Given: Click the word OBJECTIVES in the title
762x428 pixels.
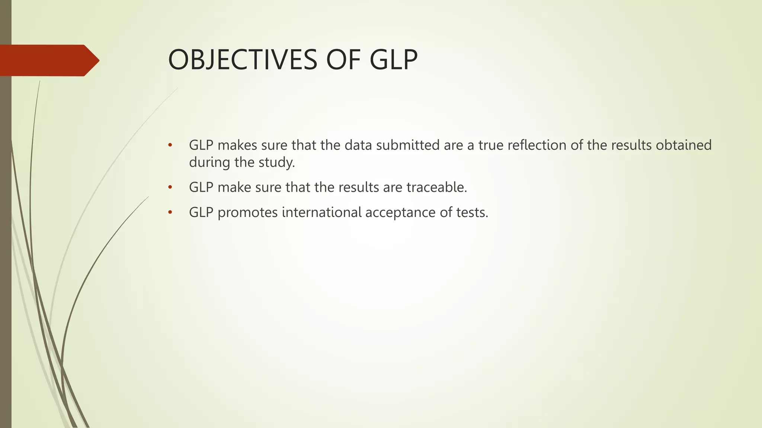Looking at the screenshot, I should [x=243, y=60].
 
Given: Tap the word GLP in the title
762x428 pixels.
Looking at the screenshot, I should [x=394, y=60].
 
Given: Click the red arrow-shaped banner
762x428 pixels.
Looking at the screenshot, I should [x=48, y=60].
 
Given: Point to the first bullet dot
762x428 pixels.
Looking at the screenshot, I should [x=170, y=145].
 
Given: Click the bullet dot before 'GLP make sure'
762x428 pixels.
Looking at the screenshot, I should [x=170, y=187].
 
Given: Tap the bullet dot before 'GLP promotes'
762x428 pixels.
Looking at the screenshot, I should [x=170, y=213].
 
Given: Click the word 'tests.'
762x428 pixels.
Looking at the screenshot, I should [x=472, y=213].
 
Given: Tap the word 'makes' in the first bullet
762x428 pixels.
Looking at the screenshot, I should [x=237, y=145].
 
